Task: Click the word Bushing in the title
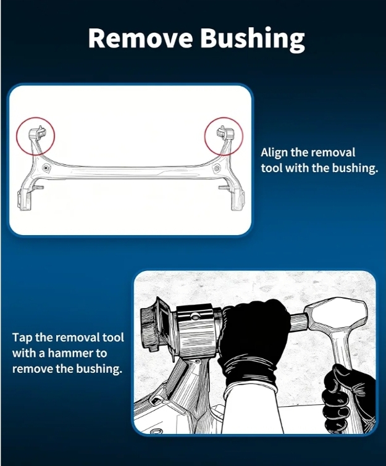click(x=253, y=40)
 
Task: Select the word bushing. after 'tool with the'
click(x=355, y=169)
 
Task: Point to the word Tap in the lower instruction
click(x=22, y=338)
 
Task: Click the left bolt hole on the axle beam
click(x=46, y=168)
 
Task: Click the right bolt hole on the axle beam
click(x=217, y=169)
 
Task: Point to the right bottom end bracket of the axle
click(x=238, y=200)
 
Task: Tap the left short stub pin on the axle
click(x=38, y=187)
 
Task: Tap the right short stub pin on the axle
click(x=224, y=187)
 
